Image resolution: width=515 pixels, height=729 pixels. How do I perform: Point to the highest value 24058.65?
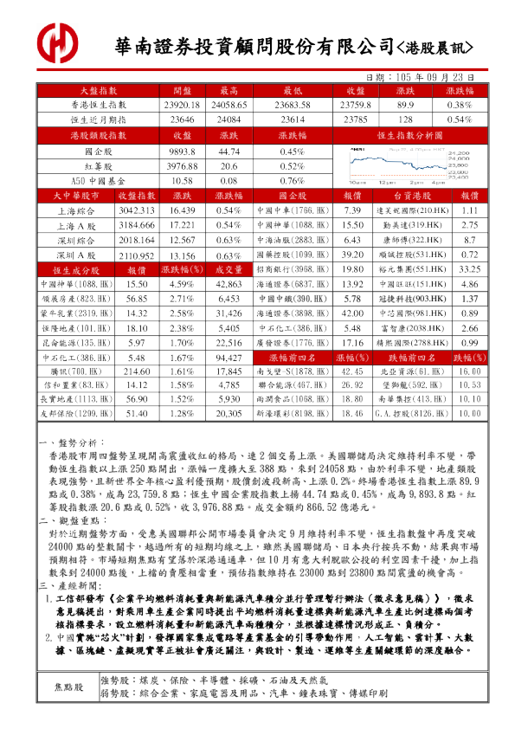(x=229, y=104)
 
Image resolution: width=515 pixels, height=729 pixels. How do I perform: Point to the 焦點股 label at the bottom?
(x=70, y=687)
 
